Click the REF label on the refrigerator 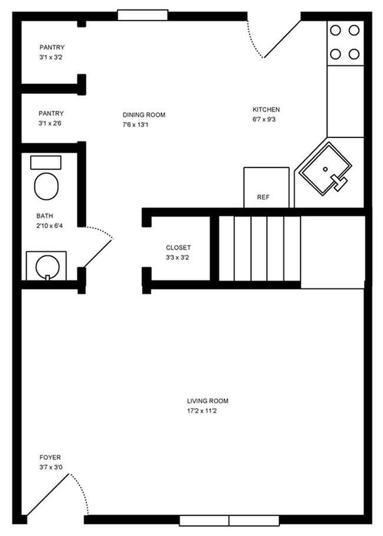(263, 198)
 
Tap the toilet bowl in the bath (46, 187)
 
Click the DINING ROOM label (144, 115)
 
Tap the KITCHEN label (266, 110)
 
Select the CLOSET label (178, 248)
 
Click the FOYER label (50, 458)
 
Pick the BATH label (45, 216)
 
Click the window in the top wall (142, 15)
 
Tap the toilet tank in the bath (45, 163)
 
